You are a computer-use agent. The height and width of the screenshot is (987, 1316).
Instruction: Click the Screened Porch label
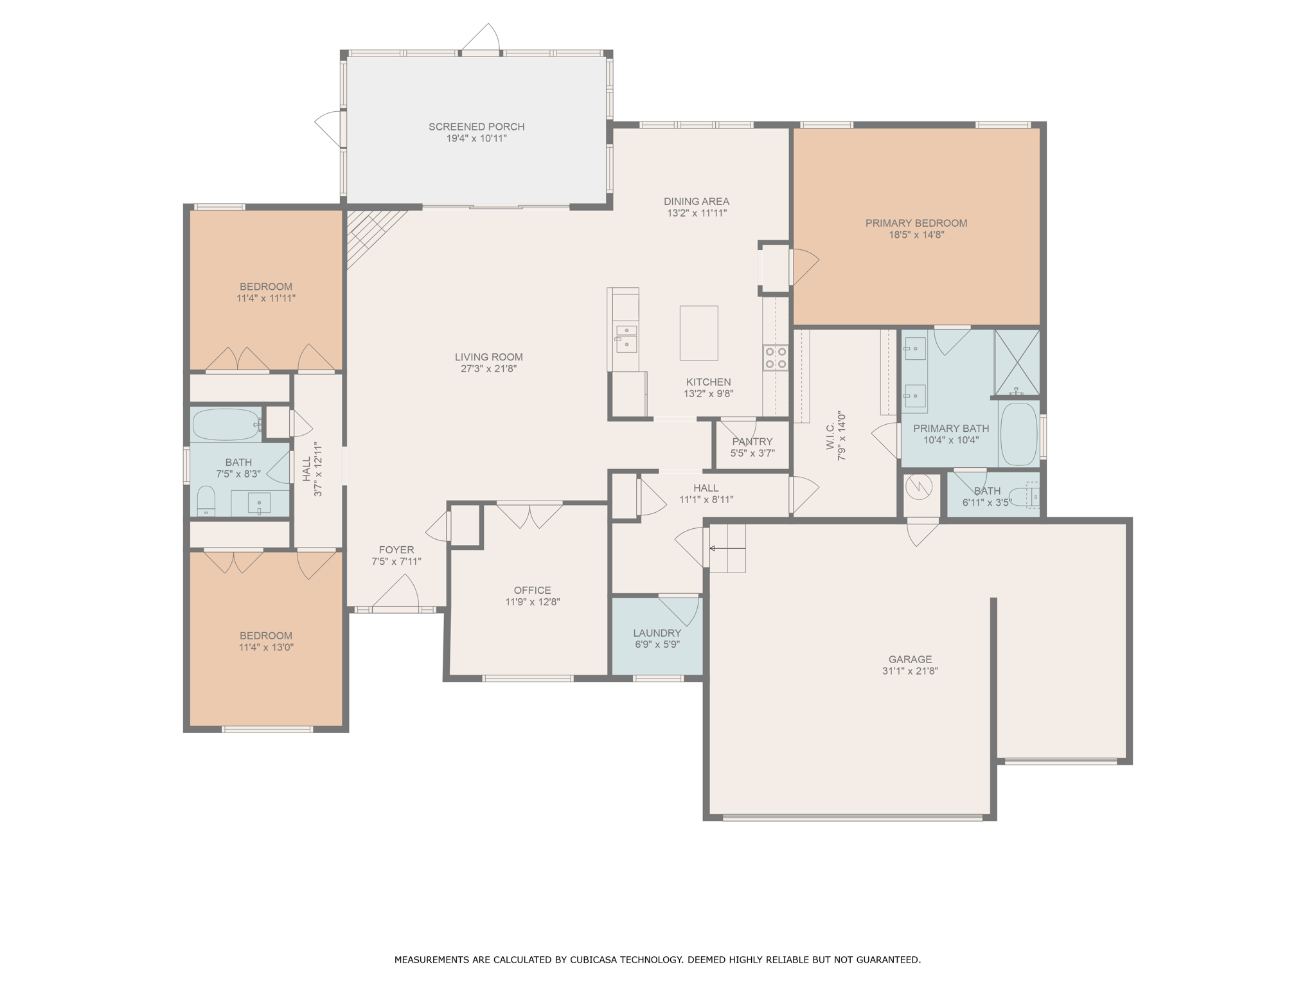click(x=477, y=127)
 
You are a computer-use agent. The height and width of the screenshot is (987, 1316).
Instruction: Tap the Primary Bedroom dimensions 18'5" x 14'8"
click(x=916, y=235)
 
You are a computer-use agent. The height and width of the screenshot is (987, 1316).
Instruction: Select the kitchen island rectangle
click(x=698, y=333)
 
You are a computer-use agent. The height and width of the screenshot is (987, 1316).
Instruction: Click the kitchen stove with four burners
click(x=776, y=357)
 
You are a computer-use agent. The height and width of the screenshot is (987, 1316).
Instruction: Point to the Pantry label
click(x=752, y=441)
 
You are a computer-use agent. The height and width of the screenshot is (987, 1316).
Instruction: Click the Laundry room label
click(x=657, y=633)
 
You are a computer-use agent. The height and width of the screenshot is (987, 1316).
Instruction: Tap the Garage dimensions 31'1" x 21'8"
click(x=910, y=671)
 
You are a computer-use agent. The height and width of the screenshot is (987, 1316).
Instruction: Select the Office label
click(x=532, y=590)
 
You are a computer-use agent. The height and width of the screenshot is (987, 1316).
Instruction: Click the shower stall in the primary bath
click(x=1017, y=362)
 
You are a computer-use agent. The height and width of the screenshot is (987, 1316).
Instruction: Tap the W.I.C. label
click(x=831, y=436)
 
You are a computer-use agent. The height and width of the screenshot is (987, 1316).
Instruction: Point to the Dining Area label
click(x=697, y=201)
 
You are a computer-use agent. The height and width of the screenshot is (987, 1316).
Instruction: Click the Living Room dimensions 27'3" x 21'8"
click(x=488, y=369)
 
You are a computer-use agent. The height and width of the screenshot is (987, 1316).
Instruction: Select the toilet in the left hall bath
click(x=206, y=501)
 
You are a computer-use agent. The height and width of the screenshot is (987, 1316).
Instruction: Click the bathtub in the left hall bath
click(x=226, y=424)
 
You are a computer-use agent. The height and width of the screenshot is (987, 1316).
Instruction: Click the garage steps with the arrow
click(x=727, y=548)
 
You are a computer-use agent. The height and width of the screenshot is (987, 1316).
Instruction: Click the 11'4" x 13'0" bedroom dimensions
click(x=266, y=647)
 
